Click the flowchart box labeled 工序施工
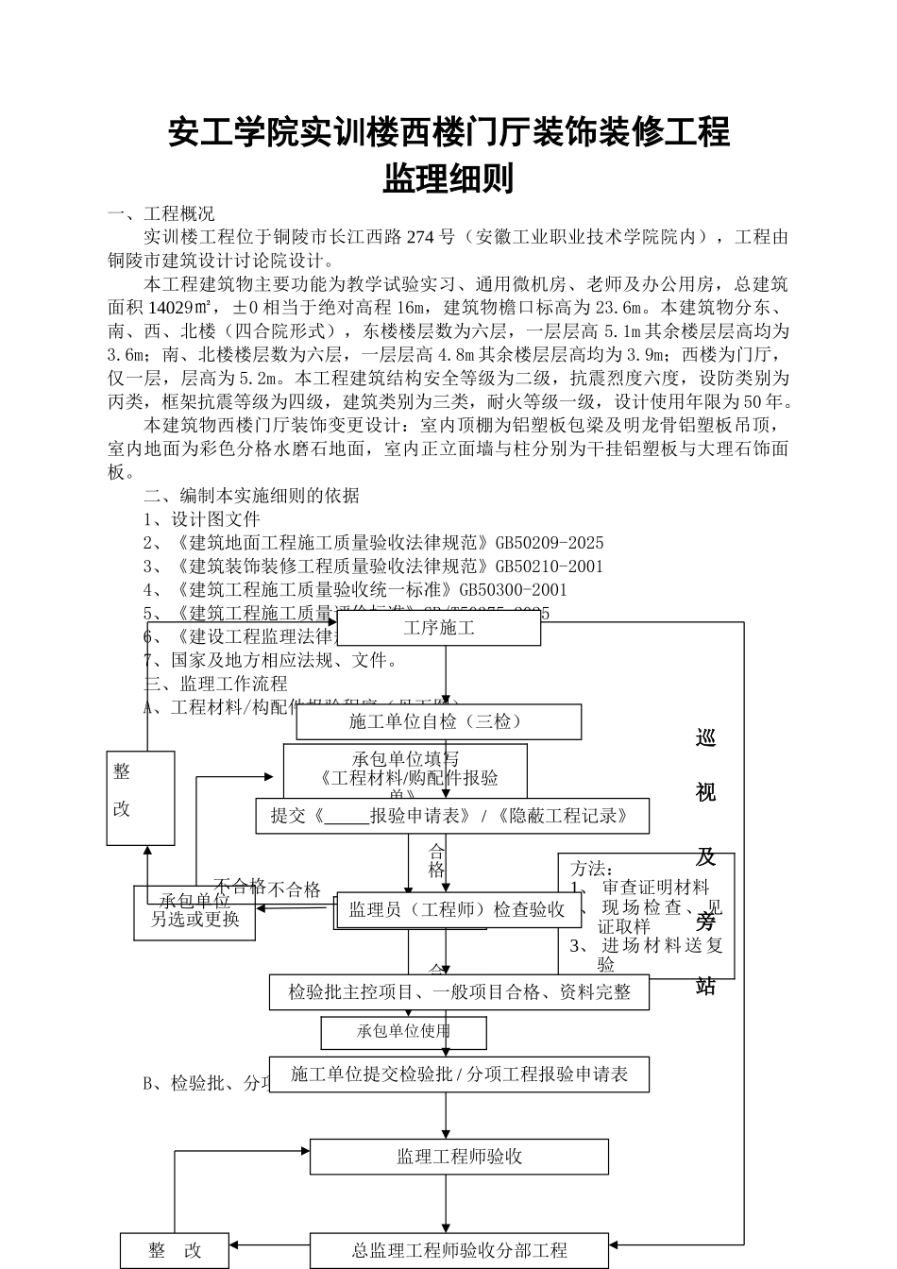[x=439, y=628]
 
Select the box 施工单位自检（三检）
[x=438, y=722]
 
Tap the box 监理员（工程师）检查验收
[x=457, y=909]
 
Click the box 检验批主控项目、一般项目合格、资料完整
[x=459, y=992]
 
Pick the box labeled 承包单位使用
[x=403, y=1032]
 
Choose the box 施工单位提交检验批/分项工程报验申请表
[x=459, y=1074]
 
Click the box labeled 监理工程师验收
[x=459, y=1157]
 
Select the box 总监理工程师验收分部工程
[x=459, y=1251]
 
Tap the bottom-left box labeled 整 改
[x=175, y=1251]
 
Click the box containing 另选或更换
[x=195, y=918]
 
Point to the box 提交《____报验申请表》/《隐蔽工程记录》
[x=451, y=816]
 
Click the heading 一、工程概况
[x=161, y=213]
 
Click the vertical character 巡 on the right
[x=705, y=738]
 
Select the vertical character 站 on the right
[x=705, y=987]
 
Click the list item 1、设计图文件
[x=201, y=519]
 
